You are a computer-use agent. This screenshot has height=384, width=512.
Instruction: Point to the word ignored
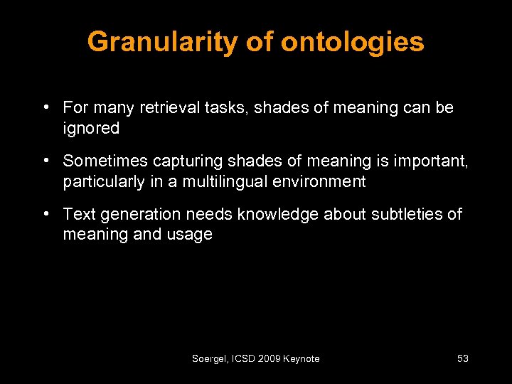point(91,129)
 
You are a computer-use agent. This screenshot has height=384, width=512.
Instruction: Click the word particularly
point(103,182)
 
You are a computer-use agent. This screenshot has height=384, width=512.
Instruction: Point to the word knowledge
point(279,215)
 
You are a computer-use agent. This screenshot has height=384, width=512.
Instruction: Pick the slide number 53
point(462,359)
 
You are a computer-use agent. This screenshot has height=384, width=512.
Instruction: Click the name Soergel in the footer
point(208,359)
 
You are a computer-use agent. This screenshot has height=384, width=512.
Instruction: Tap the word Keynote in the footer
point(302,359)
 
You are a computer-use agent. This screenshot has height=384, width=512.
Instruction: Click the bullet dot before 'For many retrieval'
point(45,108)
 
